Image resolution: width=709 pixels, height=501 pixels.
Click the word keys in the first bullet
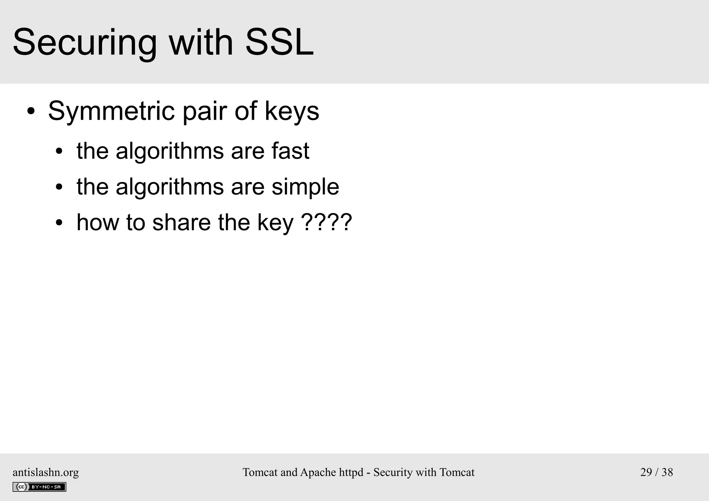tap(292, 111)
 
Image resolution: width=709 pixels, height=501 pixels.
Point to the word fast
tap(290, 151)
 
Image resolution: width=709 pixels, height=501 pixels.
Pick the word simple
tap(305, 187)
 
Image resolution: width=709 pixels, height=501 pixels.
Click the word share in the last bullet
tap(181, 222)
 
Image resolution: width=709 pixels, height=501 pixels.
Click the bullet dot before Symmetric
tap(31, 112)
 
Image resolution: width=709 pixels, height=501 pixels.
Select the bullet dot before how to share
tap(59, 223)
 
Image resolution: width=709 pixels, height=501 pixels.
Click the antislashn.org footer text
tap(46, 472)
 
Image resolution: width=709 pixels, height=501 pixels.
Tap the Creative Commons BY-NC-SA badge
tap(39, 487)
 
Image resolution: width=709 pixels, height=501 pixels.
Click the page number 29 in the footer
tap(646, 472)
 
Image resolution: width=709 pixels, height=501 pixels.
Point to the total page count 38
tap(667, 472)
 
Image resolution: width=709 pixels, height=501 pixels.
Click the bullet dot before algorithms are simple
tap(59, 187)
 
